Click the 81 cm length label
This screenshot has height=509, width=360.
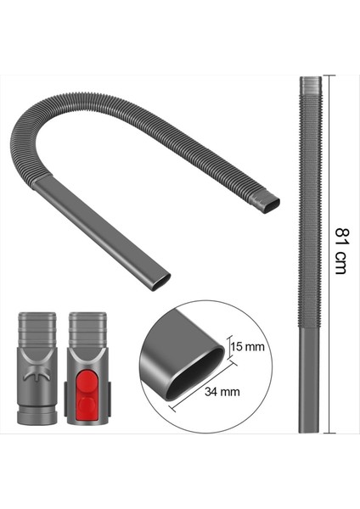(x=340, y=250)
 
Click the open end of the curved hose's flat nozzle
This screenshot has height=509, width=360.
(x=160, y=281)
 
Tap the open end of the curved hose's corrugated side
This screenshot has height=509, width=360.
(x=269, y=204)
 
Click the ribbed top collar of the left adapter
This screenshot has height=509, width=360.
(x=37, y=325)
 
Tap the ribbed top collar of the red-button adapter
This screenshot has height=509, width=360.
(x=87, y=325)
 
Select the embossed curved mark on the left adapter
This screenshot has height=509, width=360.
(x=36, y=374)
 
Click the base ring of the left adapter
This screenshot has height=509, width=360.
(x=37, y=416)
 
